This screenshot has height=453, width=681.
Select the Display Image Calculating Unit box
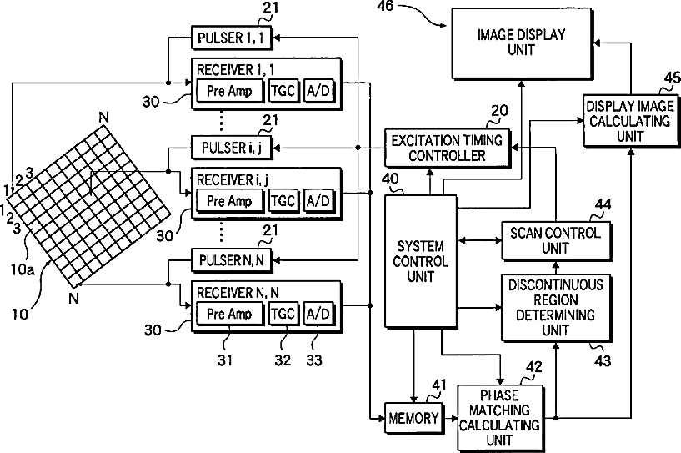click(629, 121)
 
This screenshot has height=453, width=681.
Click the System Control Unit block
click(422, 260)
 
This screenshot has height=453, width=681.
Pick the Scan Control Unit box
click(556, 240)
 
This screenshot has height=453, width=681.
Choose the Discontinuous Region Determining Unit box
click(556, 305)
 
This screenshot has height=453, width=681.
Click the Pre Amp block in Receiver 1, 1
click(228, 89)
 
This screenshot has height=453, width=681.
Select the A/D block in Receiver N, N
click(318, 315)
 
